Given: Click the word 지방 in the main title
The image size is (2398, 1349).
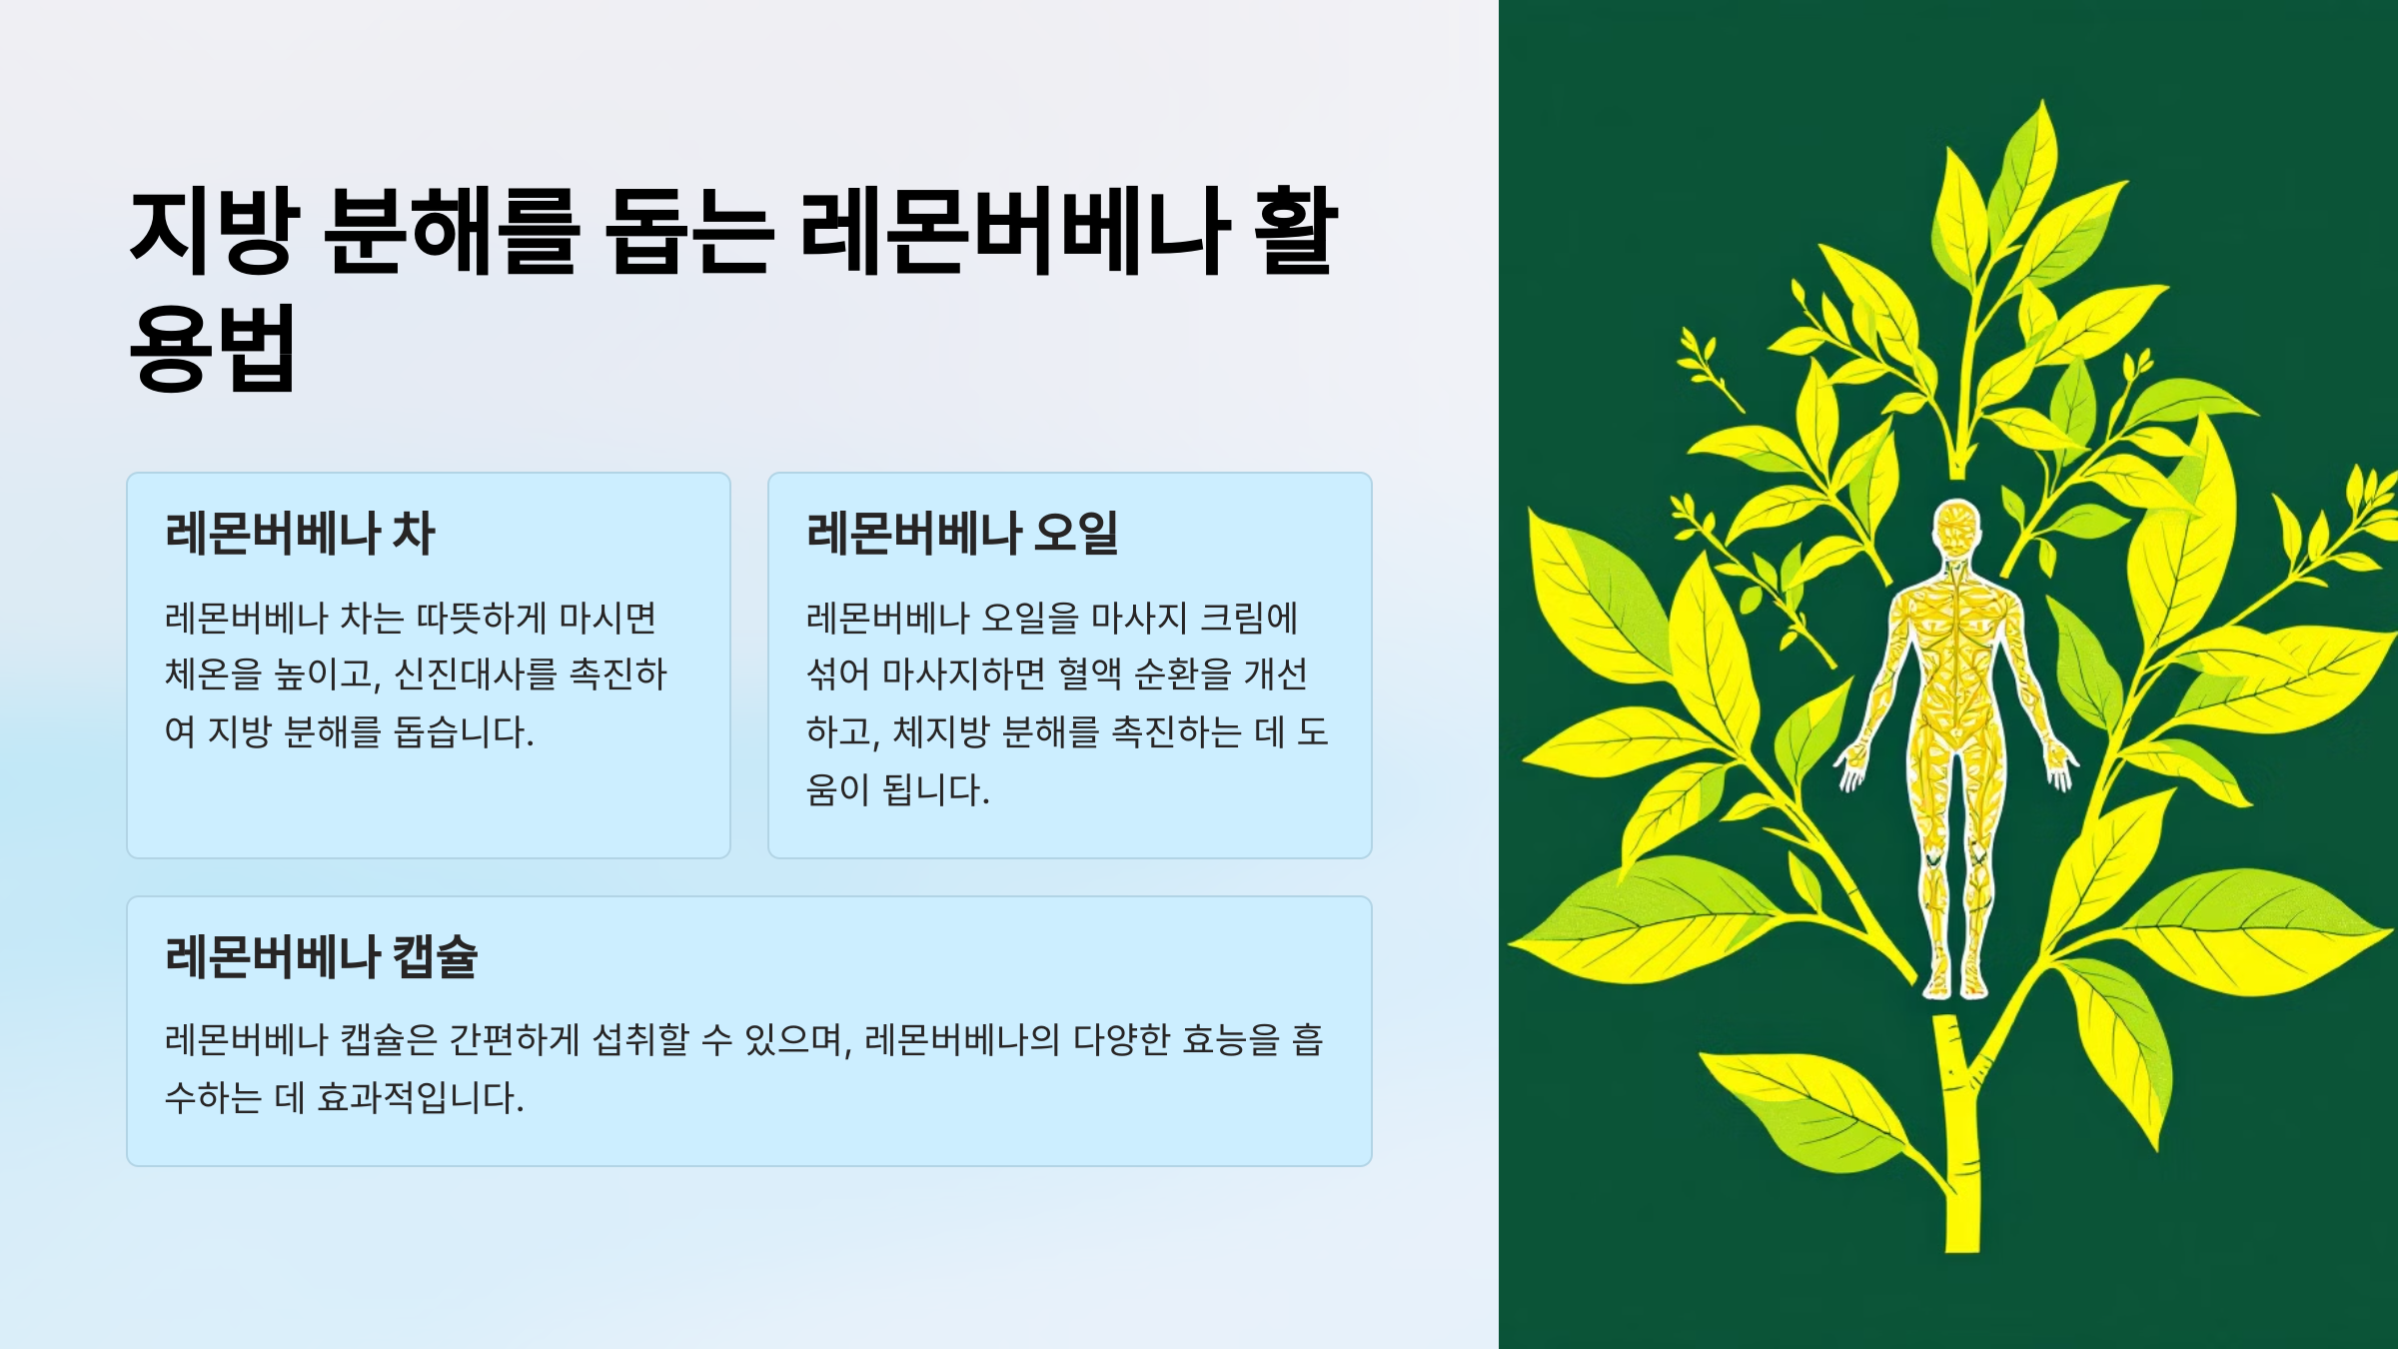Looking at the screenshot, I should point(214,231).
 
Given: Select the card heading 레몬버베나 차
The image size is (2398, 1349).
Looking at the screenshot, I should point(300,533).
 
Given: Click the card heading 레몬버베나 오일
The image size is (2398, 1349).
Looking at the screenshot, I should point(961,533).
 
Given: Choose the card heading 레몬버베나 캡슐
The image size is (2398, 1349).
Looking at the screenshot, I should point(321,956).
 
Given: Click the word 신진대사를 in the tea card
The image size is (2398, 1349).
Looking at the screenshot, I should point(475,674).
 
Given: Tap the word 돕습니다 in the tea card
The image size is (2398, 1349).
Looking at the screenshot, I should point(463,732).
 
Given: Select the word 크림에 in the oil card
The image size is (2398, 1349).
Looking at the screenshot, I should point(1248,618).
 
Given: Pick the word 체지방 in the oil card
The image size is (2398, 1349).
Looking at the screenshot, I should point(939,732).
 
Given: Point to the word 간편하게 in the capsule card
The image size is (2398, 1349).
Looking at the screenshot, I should point(514,1040).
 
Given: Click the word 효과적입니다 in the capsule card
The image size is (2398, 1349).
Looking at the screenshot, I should point(420,1098).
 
